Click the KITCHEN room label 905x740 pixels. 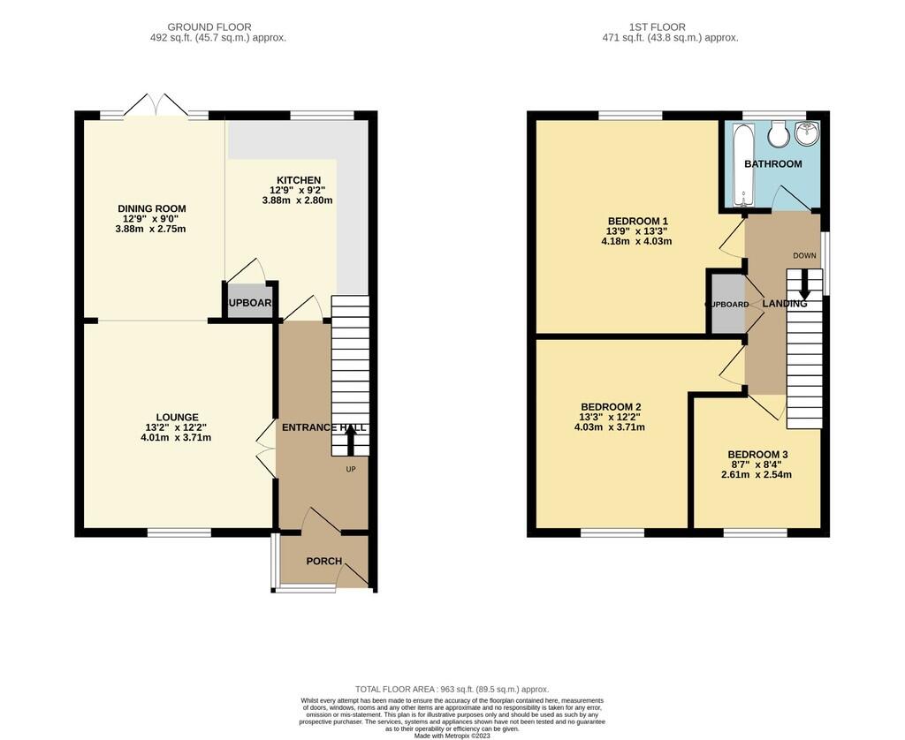click(297, 181)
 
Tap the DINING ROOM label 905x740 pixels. click(152, 209)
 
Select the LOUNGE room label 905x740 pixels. click(177, 418)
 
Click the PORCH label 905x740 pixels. click(323, 562)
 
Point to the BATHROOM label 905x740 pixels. click(772, 164)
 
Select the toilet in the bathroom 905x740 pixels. click(779, 135)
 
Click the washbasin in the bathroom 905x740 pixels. click(808, 134)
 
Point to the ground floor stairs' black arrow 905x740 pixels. click(350, 437)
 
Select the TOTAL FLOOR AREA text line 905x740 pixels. click(452, 690)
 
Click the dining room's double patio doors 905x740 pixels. click(155, 106)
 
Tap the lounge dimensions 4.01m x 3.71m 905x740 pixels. click(177, 437)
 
